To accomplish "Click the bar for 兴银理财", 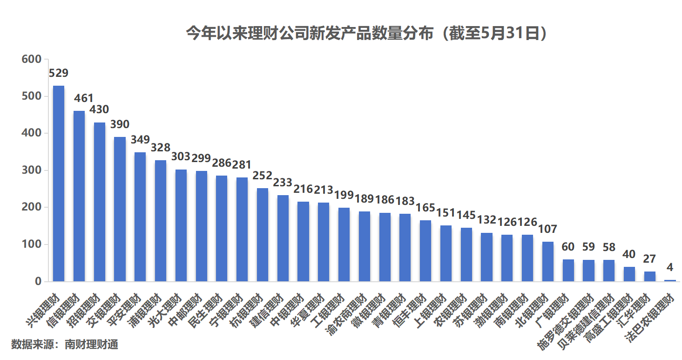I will pyautogui.click(x=59, y=183).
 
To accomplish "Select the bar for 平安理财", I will pyautogui.click(x=140, y=217).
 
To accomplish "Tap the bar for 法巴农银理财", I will pyautogui.click(x=670, y=280).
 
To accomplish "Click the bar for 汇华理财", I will pyautogui.click(x=650, y=276).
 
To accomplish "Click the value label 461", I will pyautogui.click(x=84, y=98).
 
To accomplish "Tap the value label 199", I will pyautogui.click(x=344, y=195).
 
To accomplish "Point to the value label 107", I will pyautogui.click(x=548, y=229).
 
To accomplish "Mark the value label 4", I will pyautogui.click(x=670, y=267).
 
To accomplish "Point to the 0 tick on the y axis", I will pyautogui.click(x=38, y=281).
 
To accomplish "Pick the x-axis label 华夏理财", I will pyautogui.click(x=311, y=310).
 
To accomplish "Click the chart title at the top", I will pyautogui.click(x=366, y=34).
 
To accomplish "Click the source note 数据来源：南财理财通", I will pyautogui.click(x=65, y=345).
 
